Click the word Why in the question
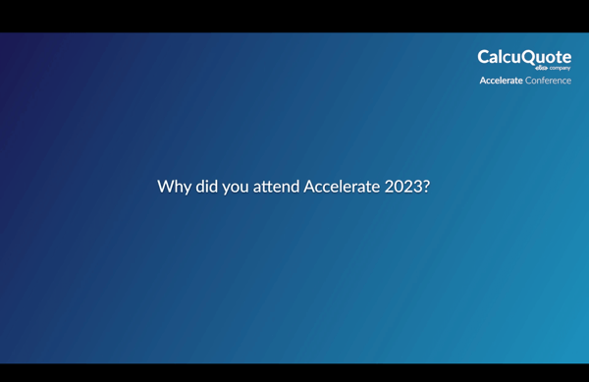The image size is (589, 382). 174,187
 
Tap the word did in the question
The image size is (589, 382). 206,186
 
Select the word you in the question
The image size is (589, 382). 236,187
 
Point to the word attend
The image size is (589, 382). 277,186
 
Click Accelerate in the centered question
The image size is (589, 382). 341,186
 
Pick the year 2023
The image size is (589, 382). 402,186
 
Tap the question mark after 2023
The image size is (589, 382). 426,186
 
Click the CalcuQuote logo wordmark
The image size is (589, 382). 524,57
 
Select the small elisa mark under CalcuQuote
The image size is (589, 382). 541,69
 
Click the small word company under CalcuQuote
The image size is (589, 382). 560,69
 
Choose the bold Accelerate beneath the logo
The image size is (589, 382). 501,81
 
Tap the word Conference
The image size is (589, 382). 548,81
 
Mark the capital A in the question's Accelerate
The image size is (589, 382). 308,186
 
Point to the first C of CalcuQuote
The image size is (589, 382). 484,57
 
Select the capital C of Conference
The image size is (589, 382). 528,81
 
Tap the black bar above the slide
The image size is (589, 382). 294,16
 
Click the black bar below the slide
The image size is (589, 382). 294,373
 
